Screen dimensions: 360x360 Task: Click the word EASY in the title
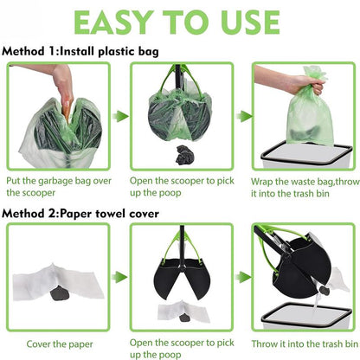(x=114, y=22)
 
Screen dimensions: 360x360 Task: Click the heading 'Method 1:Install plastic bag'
(x=80, y=52)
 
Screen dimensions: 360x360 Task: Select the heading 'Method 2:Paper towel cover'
(x=80, y=214)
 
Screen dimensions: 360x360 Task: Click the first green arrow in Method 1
(x=120, y=116)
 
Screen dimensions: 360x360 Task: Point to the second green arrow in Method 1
(x=244, y=116)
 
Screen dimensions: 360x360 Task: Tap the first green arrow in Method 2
(x=119, y=277)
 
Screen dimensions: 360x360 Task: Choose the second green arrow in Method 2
(x=243, y=278)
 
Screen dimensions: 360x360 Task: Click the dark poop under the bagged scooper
(x=185, y=155)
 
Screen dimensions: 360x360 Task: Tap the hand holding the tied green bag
(x=288, y=80)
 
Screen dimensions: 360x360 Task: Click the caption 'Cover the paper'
(x=60, y=344)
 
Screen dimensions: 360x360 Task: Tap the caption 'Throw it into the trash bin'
(x=305, y=344)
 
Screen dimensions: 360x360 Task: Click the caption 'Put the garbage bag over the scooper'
(x=59, y=187)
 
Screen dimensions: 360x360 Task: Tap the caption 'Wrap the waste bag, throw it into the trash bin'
(x=305, y=188)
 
